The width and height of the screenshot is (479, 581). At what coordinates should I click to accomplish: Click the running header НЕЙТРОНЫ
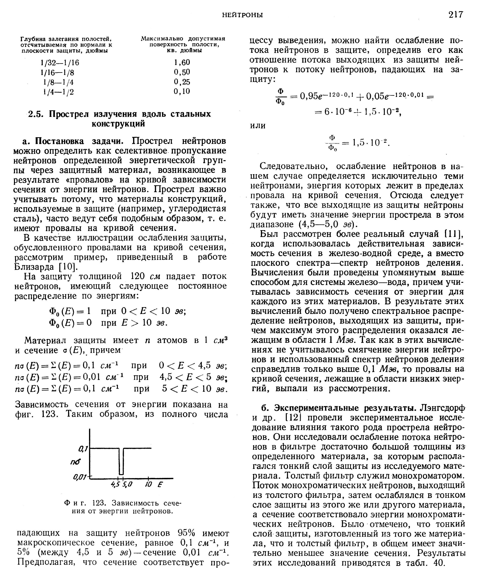coord(242,15)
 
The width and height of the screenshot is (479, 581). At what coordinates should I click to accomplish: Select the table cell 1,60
coord(182,62)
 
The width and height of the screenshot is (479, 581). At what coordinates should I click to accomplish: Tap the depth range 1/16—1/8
coord(57,72)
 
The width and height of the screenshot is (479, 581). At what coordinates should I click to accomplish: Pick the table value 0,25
coord(182,82)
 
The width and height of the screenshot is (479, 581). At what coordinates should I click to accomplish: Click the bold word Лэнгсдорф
coord(443,408)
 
